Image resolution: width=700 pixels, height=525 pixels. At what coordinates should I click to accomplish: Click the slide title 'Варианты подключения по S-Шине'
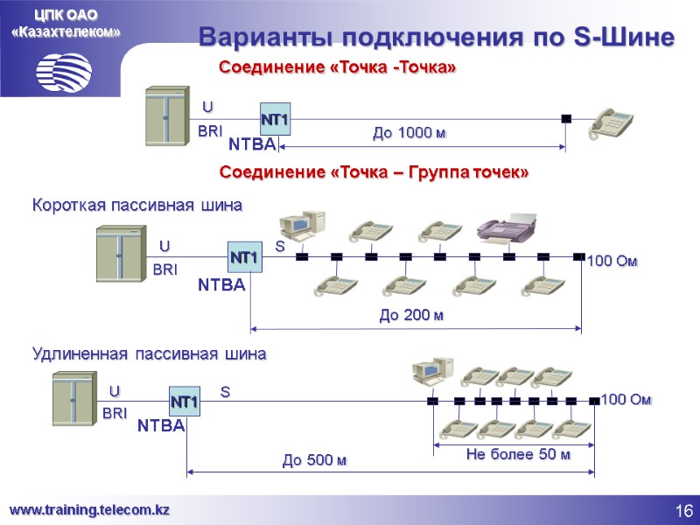click(x=437, y=38)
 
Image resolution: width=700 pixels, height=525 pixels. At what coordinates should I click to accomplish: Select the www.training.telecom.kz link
click(x=89, y=509)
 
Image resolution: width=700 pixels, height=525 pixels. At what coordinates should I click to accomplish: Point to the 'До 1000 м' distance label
click(x=409, y=133)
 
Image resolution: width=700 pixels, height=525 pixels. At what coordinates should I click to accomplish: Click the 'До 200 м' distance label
click(x=411, y=315)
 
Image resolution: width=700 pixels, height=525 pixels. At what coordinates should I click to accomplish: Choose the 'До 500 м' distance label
click(x=314, y=459)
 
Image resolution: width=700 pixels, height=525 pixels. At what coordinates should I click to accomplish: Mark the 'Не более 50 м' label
click(x=518, y=454)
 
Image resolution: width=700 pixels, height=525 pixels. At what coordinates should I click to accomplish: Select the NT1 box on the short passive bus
click(x=244, y=258)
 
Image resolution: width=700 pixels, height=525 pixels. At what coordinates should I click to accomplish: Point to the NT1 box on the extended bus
click(x=185, y=402)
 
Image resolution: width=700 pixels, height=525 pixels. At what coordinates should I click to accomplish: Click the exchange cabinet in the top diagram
click(x=167, y=115)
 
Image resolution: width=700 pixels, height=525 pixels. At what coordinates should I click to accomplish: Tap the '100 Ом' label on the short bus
click(x=614, y=261)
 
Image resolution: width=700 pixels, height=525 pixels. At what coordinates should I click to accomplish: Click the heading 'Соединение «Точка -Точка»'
click(x=337, y=67)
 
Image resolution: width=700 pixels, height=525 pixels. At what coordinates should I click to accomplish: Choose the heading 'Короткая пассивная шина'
click(x=136, y=206)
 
